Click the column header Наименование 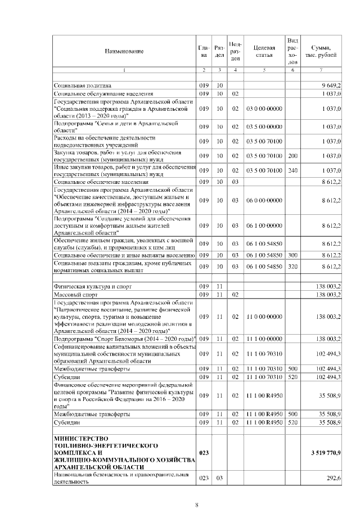pyautogui.click(x=123, y=51)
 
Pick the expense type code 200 pyautogui.click(x=292, y=155)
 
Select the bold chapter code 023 pyautogui.click(x=204, y=452)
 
